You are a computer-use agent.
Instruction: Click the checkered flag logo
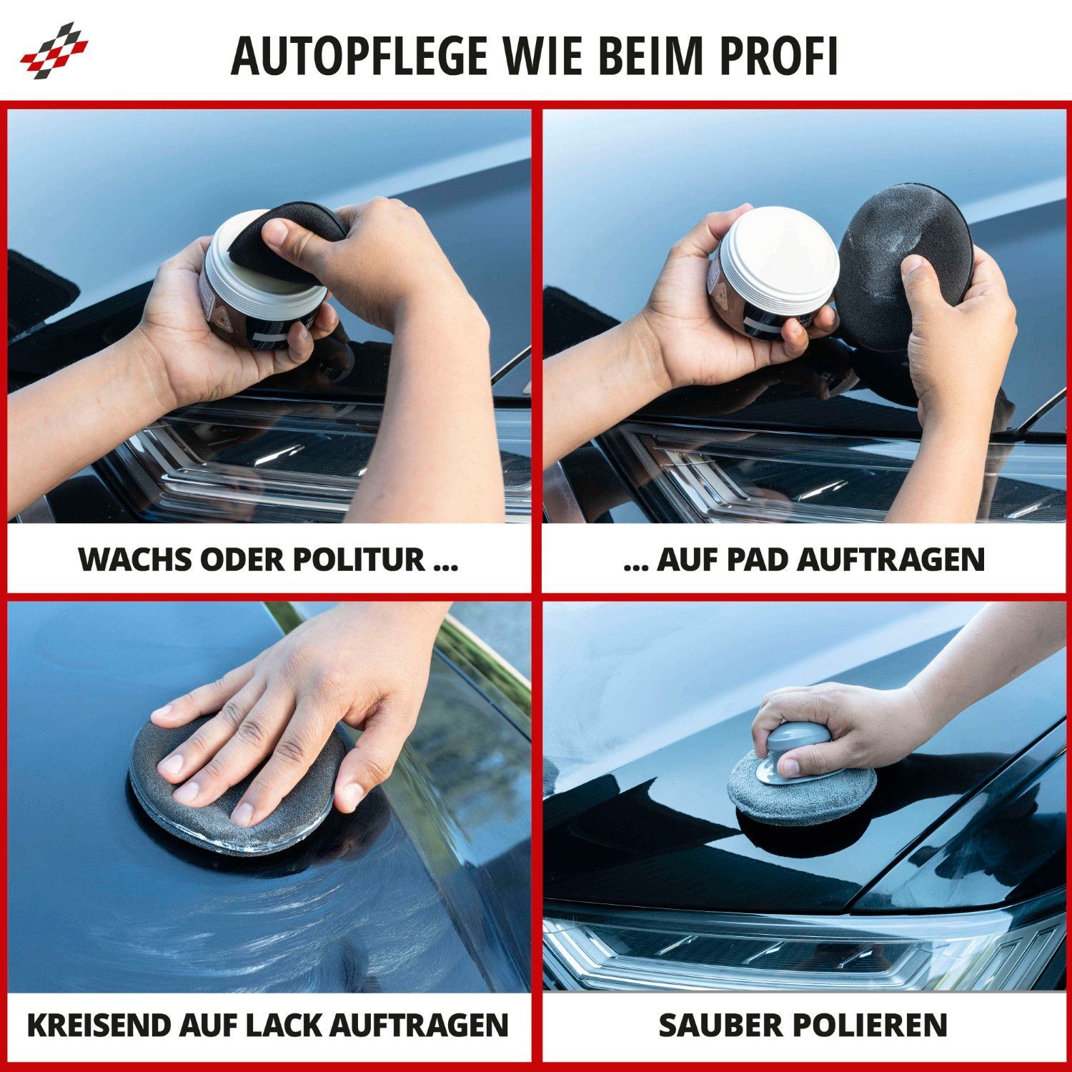point(54,51)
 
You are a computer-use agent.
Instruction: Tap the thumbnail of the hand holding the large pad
point(912,267)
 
